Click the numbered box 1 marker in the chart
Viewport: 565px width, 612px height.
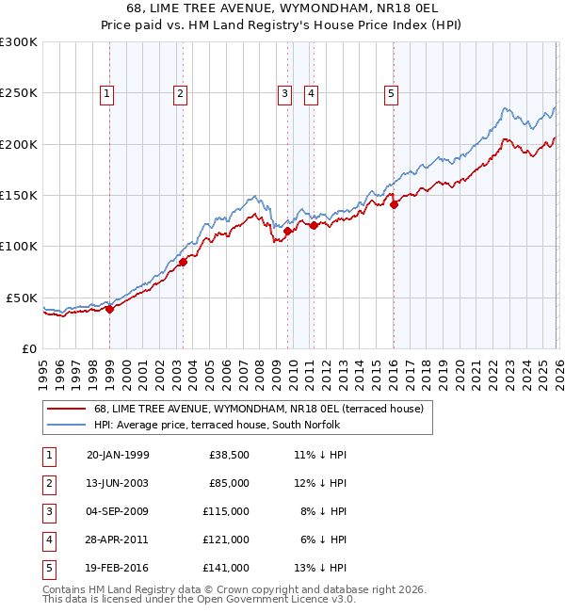point(107,93)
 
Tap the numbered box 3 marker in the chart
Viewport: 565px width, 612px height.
point(284,93)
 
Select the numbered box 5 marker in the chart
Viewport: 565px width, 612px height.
point(390,93)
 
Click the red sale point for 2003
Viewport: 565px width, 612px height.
point(183,263)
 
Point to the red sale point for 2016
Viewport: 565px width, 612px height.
point(394,206)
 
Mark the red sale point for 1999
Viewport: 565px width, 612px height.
point(109,309)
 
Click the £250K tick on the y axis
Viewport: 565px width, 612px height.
point(19,93)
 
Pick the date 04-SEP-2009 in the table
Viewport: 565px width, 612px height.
point(118,510)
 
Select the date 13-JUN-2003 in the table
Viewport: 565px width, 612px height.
point(118,482)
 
